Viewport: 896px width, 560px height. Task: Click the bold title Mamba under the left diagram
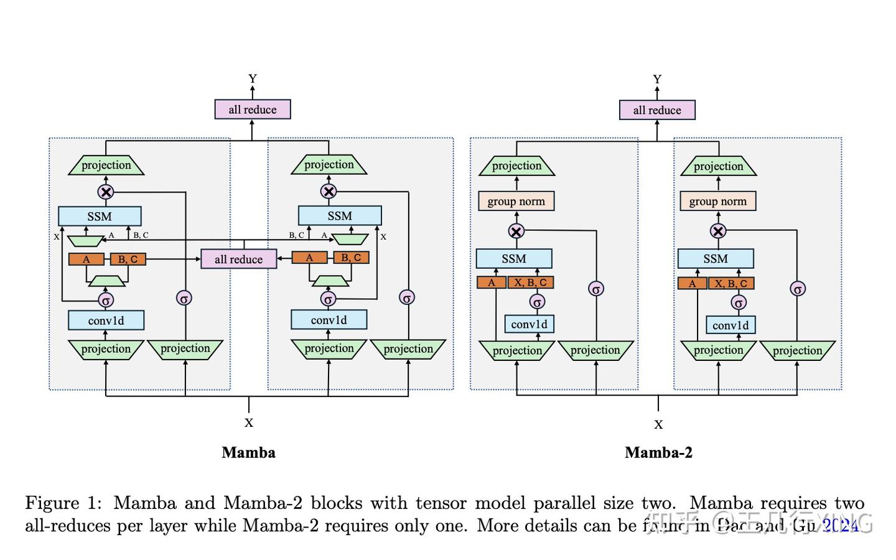(x=248, y=452)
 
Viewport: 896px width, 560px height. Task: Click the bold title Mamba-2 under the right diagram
(x=658, y=452)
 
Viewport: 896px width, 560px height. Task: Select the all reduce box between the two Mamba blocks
(x=238, y=259)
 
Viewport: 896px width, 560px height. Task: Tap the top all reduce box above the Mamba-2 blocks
(x=657, y=110)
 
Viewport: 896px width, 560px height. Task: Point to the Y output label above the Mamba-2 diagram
(x=657, y=79)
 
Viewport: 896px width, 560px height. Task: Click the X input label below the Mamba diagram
(x=249, y=423)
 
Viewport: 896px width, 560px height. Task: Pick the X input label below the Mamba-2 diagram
(x=658, y=425)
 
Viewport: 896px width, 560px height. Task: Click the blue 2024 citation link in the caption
(x=841, y=526)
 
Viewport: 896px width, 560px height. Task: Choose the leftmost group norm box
(x=516, y=201)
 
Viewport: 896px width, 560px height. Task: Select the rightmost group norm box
(x=717, y=201)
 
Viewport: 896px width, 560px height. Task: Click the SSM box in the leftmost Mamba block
(x=100, y=216)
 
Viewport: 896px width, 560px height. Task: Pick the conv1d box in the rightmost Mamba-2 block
(x=730, y=325)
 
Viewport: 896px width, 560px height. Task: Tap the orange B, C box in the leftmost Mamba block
(x=128, y=259)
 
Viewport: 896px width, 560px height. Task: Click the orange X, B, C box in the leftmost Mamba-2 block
(x=530, y=282)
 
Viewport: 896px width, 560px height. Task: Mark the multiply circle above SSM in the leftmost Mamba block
(x=106, y=192)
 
